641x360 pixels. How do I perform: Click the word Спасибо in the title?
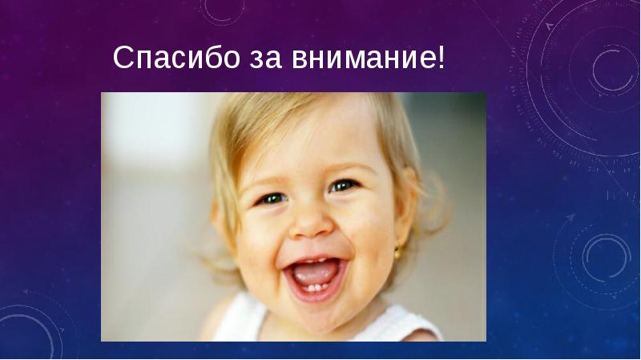tap(176, 57)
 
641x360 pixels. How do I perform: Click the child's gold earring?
tap(397, 253)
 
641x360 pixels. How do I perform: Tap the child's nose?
tap(312, 223)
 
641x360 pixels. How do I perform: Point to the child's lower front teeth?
tap(317, 288)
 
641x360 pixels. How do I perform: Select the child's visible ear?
tap(405, 208)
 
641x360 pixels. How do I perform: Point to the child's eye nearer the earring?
tap(343, 186)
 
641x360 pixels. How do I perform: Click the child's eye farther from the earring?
tap(272, 199)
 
